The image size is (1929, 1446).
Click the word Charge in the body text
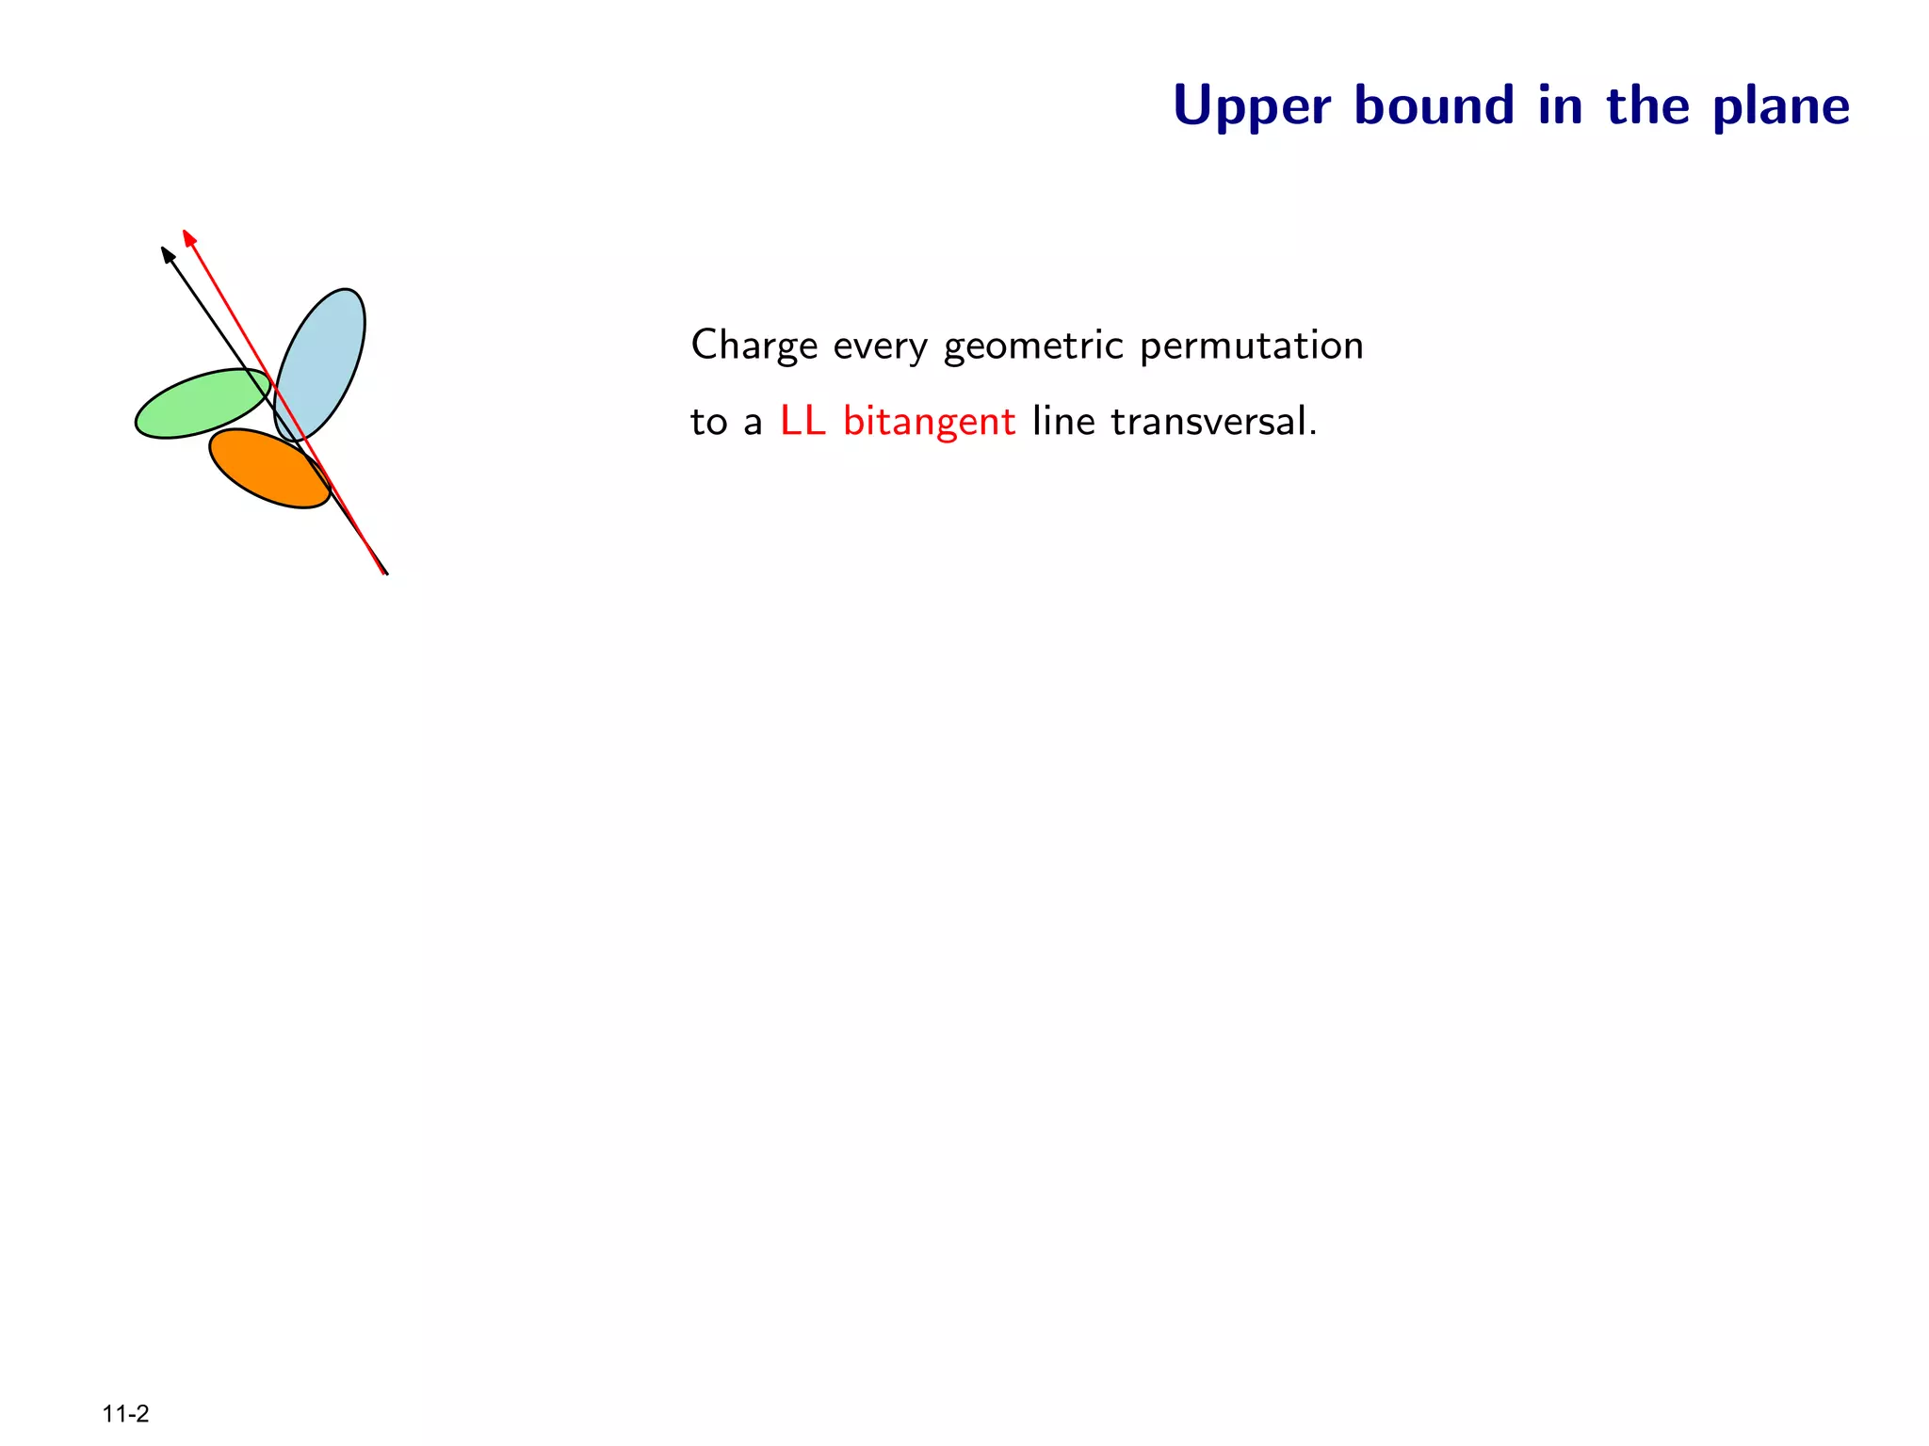pyautogui.click(x=754, y=346)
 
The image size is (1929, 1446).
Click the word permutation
pyautogui.click(x=1252, y=346)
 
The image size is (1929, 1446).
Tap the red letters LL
pyautogui.click(x=802, y=421)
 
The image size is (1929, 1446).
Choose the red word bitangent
pyautogui.click(x=929, y=422)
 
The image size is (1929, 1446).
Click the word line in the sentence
pyautogui.click(x=1063, y=421)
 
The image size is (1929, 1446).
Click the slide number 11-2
pyautogui.click(x=126, y=1414)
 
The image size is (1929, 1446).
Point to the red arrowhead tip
pyautogui.click(x=185, y=232)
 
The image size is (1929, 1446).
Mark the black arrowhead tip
pyautogui.click(x=163, y=249)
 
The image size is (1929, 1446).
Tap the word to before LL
pyautogui.click(x=708, y=422)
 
